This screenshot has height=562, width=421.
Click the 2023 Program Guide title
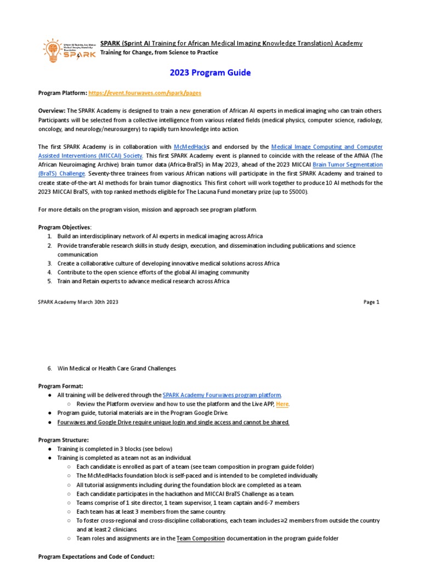210,73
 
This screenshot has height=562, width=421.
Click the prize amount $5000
298,192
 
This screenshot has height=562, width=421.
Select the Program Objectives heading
65,227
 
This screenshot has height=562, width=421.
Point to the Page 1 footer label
371,302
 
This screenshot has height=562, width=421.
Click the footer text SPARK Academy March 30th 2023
78,302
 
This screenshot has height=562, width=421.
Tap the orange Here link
282,404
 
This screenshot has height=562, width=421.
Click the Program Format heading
60,386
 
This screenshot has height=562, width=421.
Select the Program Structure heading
64,440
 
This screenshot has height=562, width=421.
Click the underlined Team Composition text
201,538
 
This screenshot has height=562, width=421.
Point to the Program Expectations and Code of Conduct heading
96,557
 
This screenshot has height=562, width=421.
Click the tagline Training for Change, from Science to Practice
159,53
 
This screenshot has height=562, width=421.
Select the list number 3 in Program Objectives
49,263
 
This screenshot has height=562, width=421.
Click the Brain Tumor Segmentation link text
348,165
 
